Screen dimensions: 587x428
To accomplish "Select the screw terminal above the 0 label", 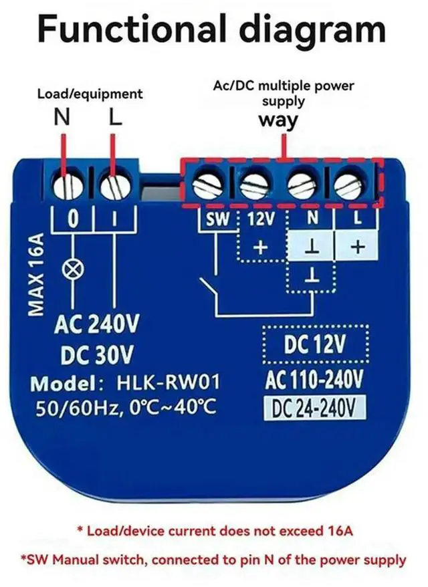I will (x=68, y=185).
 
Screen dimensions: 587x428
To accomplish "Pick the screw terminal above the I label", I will (x=115, y=185).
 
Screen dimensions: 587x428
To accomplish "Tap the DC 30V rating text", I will (x=97, y=354).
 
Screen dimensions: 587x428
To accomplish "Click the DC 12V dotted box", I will (x=314, y=345).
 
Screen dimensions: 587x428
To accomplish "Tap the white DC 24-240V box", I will (x=314, y=408).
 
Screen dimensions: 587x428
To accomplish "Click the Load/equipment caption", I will (x=90, y=94).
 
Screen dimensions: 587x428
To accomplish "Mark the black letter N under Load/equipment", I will (x=62, y=118).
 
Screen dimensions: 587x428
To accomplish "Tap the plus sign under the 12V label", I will (x=260, y=247).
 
